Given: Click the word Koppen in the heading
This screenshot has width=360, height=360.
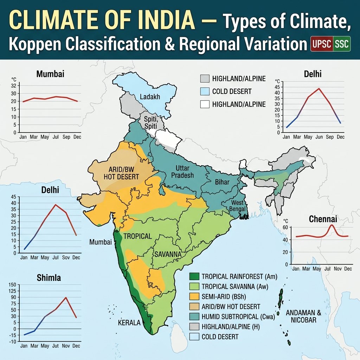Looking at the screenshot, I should tap(25, 45).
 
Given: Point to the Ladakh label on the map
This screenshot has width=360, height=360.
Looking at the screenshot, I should tap(150, 97).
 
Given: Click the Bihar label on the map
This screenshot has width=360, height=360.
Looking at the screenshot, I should tap(222, 182).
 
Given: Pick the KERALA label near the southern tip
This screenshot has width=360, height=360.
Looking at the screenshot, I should tap(129, 323).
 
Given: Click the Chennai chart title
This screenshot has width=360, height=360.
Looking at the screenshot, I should tap(323, 219).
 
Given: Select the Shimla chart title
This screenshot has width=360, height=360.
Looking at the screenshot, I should tap(49, 278).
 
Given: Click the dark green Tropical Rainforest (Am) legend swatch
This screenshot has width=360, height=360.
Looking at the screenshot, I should tap(194, 276).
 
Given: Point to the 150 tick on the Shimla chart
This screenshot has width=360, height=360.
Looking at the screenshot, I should tap(12, 285).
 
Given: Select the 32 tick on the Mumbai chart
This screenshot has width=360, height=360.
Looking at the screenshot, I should tap(14, 85).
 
